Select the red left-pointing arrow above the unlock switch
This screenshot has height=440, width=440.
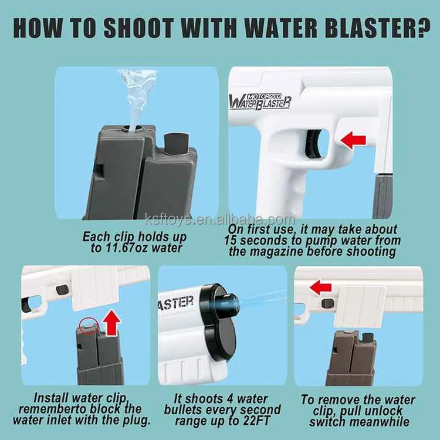pos(320,287)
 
